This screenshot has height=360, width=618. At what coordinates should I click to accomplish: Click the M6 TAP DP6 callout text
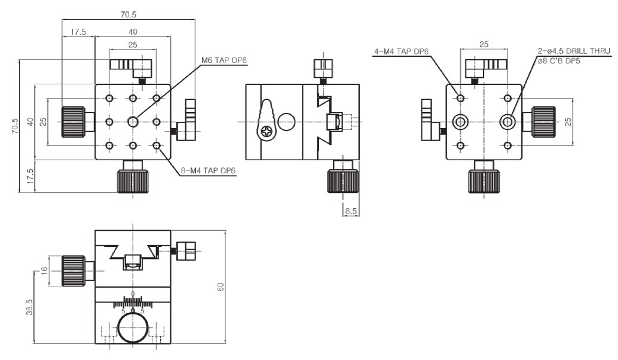pos(224,60)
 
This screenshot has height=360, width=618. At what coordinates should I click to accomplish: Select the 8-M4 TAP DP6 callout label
pos(208,171)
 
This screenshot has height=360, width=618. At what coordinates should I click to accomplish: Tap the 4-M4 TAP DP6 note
pos(401,51)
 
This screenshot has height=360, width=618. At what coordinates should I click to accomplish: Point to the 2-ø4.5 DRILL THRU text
pos(574,51)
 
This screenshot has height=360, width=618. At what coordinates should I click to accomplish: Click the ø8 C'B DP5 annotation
pos(558,61)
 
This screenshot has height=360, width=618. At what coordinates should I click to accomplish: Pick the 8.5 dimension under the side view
pos(351,211)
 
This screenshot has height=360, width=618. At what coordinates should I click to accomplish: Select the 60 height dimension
pos(221,286)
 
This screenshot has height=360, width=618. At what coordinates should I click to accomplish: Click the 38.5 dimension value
pos(29,307)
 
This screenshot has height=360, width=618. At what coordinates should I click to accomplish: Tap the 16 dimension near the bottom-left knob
pos(44,270)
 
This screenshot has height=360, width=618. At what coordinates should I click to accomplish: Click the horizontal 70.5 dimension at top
pos(129,14)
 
